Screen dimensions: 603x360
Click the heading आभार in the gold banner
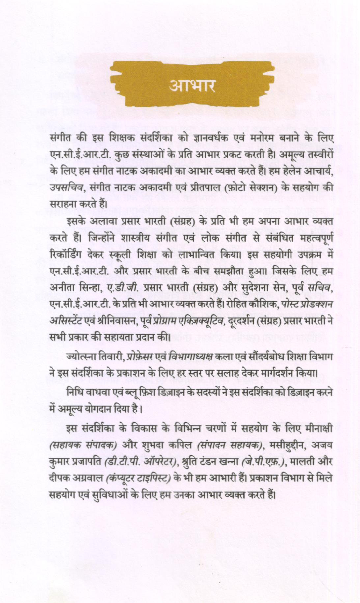click(x=192, y=86)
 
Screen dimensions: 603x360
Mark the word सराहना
click(x=61, y=202)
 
